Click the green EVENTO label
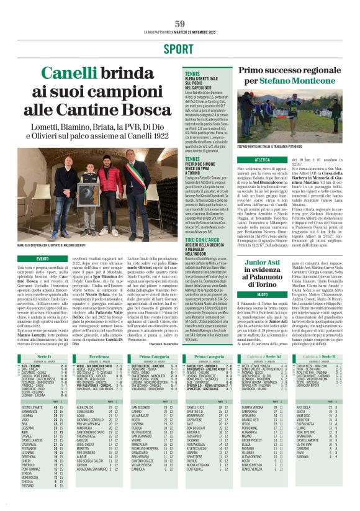coord(42,258)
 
